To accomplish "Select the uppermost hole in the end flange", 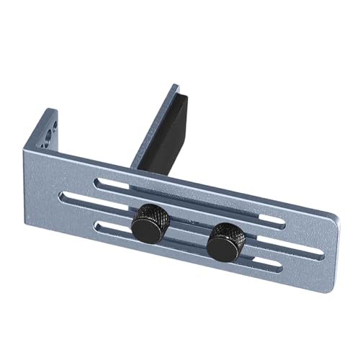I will (x=53, y=123).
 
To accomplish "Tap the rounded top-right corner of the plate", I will (x=334, y=219).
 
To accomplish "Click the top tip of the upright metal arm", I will (x=175, y=88).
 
